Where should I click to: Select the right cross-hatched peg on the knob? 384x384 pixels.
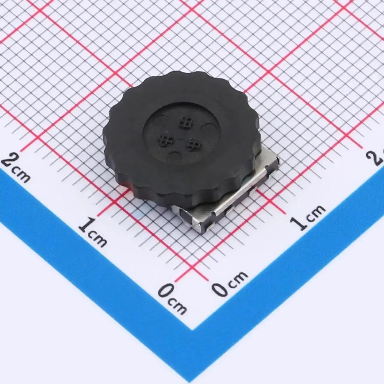193,144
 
